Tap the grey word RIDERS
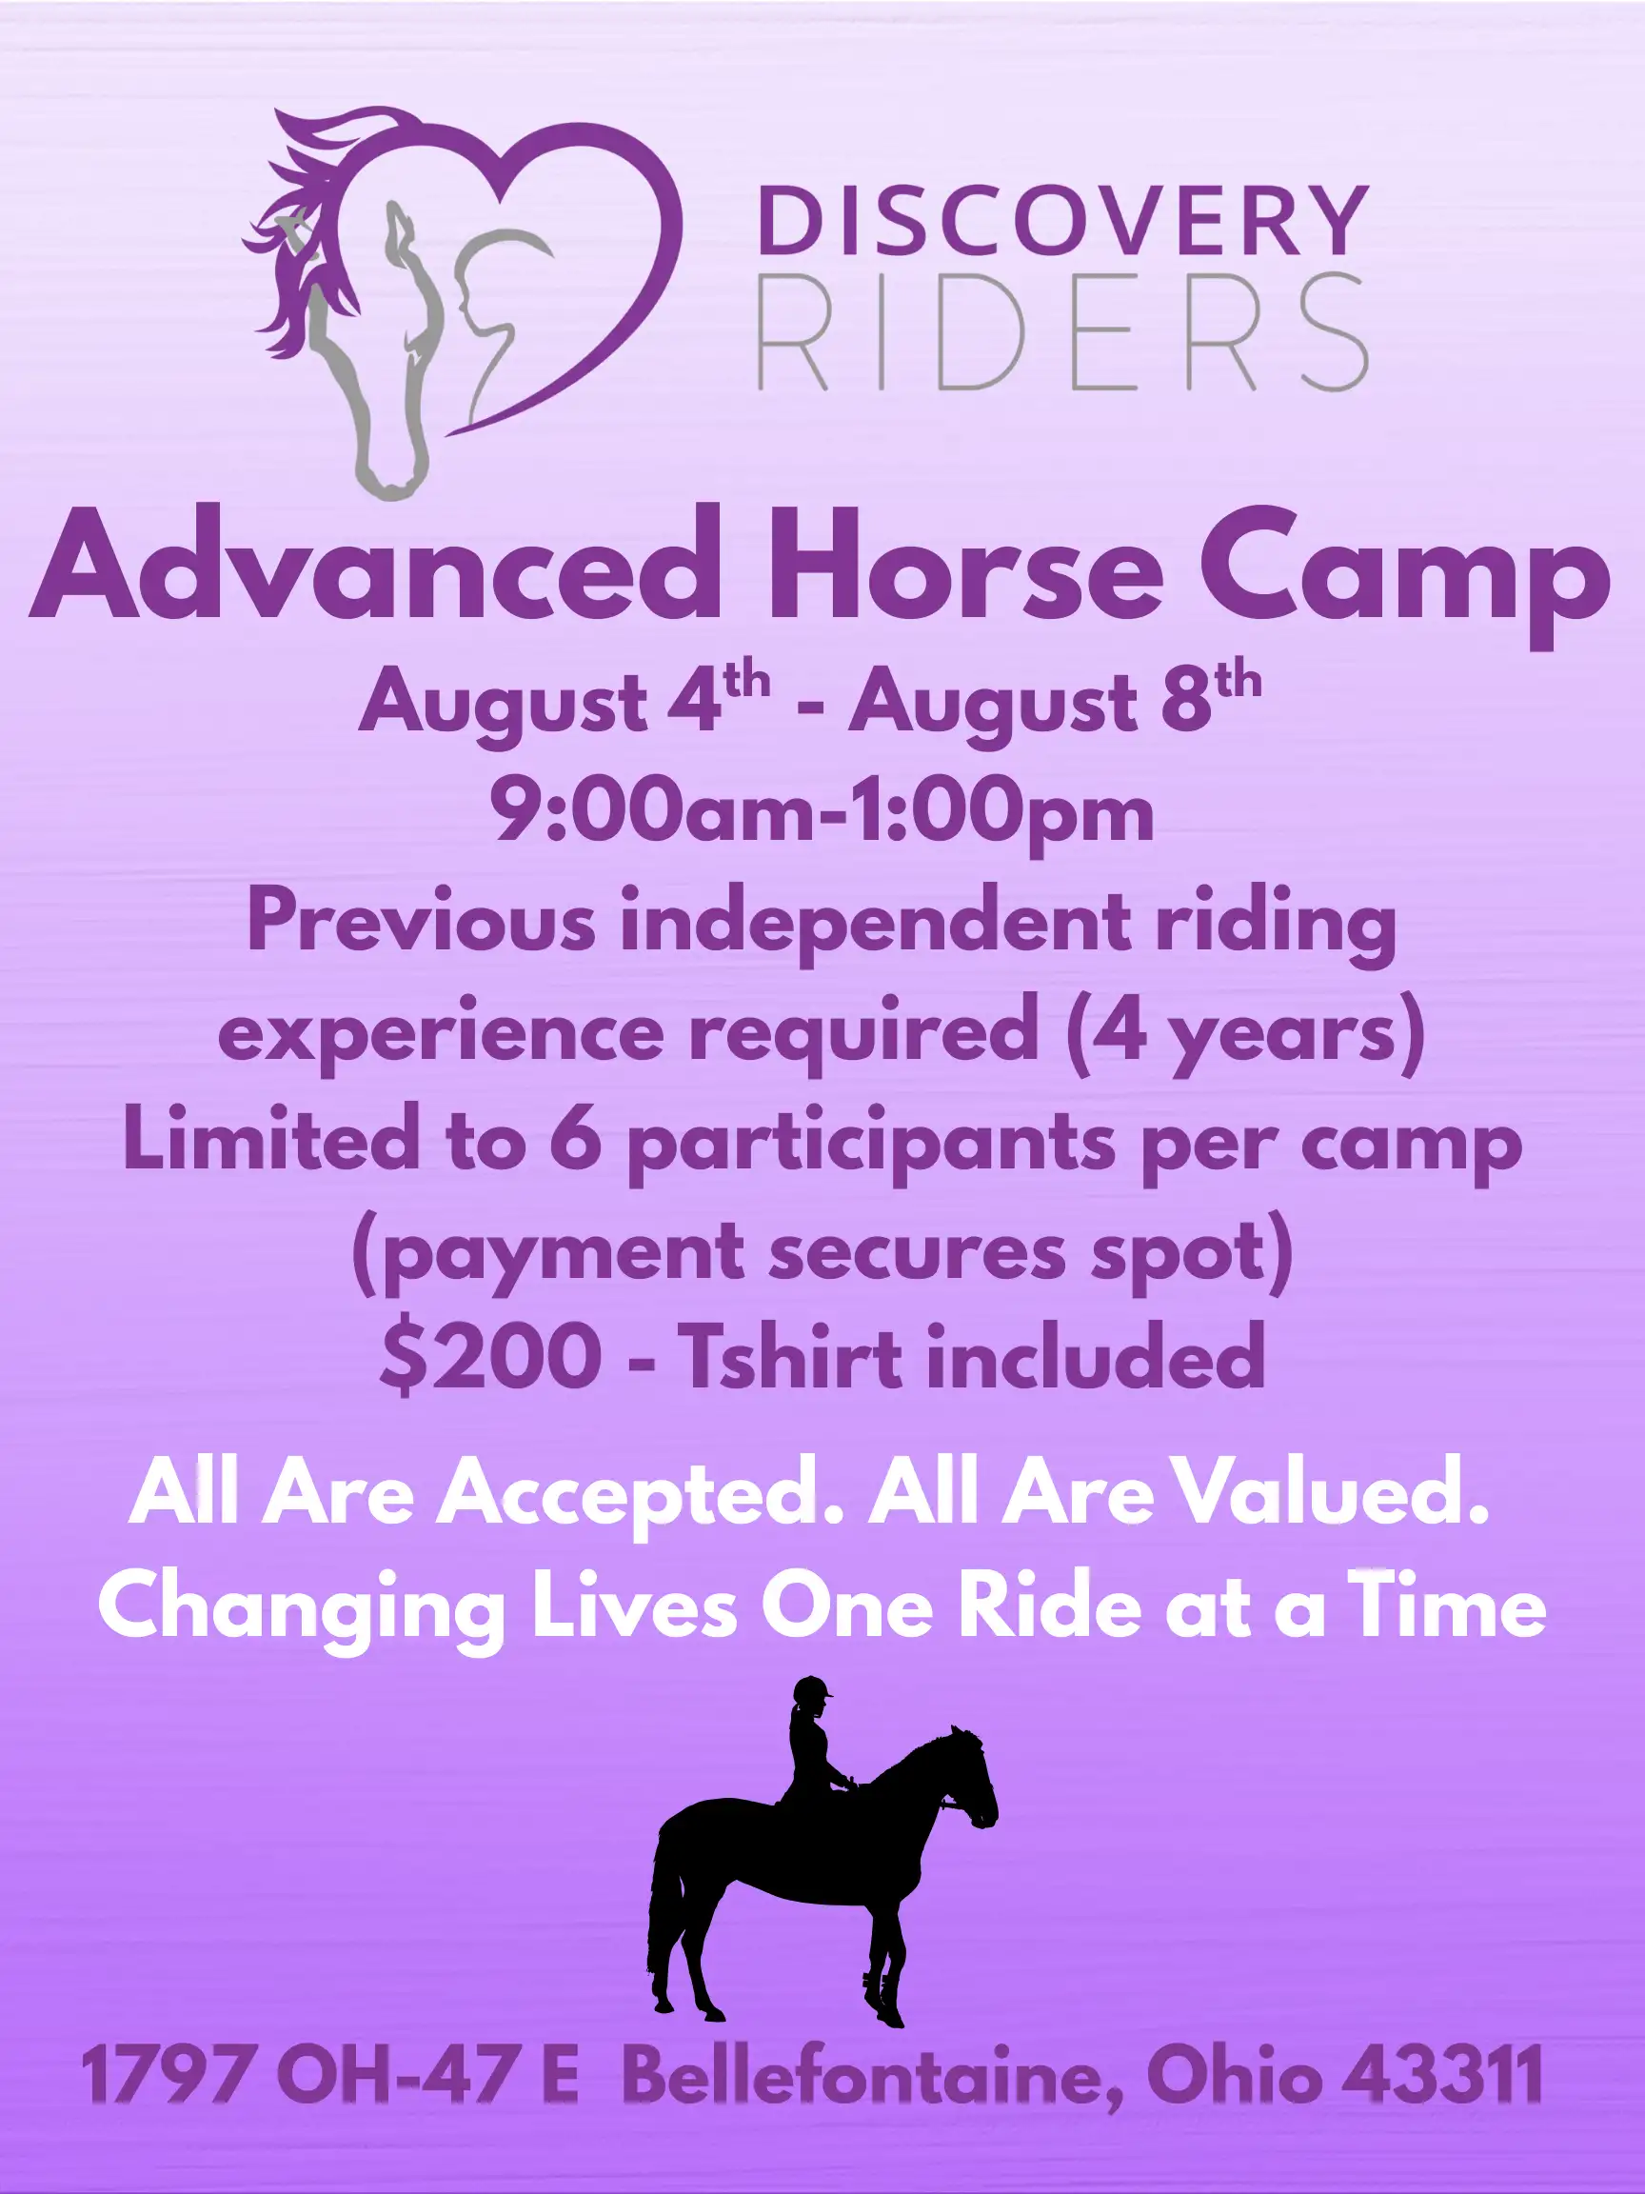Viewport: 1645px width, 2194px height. pyautogui.click(x=1062, y=331)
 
